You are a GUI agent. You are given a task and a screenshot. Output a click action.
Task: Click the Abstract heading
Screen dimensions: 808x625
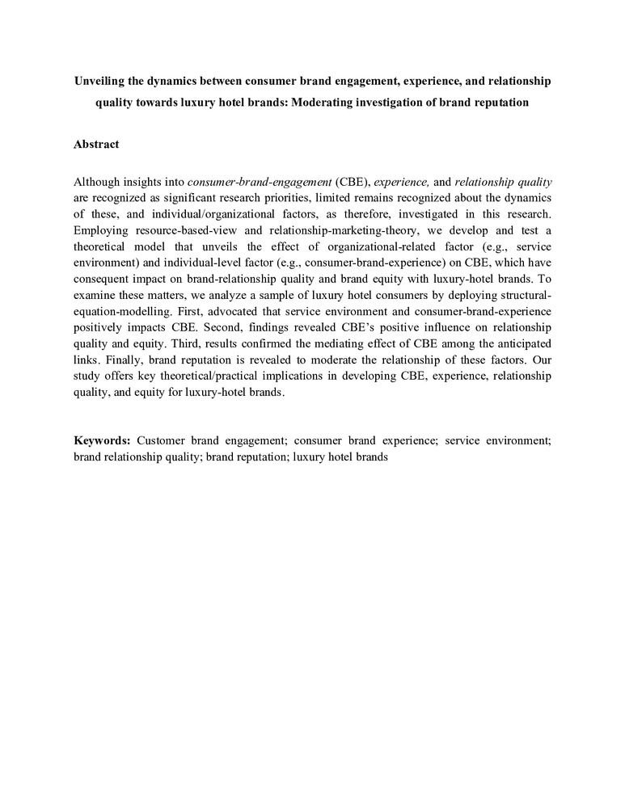click(96, 144)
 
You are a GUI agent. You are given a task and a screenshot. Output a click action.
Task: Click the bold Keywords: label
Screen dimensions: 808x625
click(101, 440)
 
